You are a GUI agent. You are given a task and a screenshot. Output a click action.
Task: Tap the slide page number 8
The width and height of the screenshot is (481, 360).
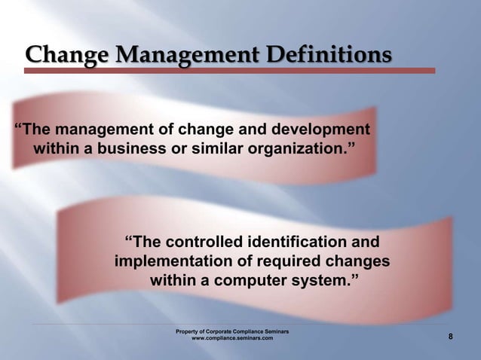click(451, 337)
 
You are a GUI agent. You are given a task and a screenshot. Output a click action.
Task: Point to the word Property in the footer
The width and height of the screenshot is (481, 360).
click(188, 331)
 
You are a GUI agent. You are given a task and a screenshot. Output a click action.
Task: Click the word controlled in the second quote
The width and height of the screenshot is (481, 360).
click(207, 243)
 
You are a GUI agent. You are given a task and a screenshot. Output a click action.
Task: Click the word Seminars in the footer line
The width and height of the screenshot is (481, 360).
click(274, 331)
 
